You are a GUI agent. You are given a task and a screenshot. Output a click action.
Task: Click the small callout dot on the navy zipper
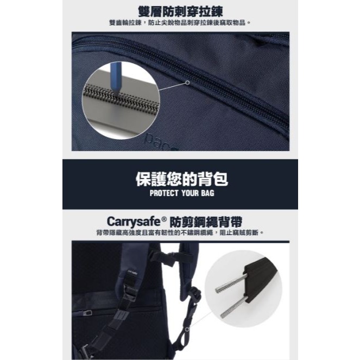(x=188, y=83)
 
